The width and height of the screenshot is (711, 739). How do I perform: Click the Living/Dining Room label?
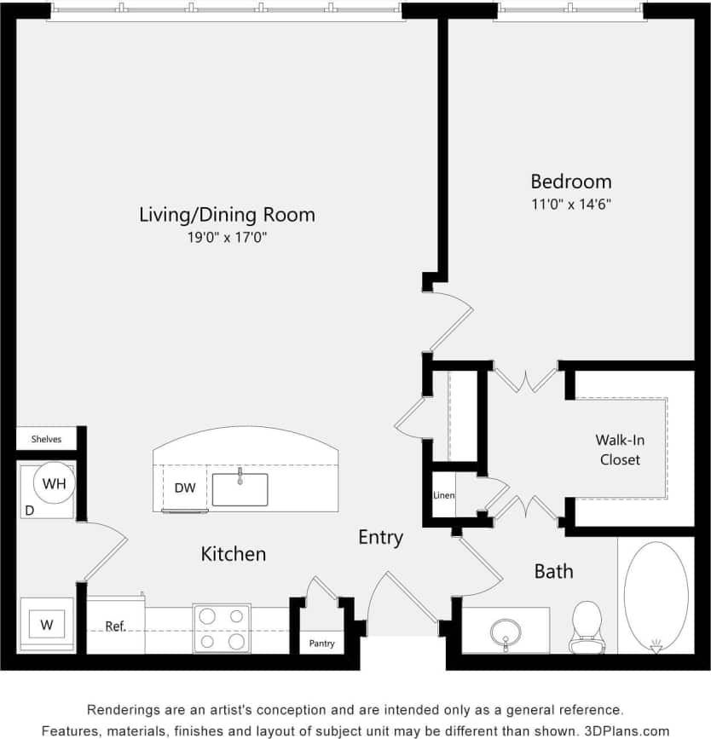click(227, 215)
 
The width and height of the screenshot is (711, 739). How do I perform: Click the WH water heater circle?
click(54, 484)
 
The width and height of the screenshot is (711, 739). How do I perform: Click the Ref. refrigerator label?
click(115, 626)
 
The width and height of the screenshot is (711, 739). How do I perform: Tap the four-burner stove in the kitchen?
click(222, 628)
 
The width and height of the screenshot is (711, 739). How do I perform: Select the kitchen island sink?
click(240, 488)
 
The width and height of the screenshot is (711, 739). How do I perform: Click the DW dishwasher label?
click(185, 488)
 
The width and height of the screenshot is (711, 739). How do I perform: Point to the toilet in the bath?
click(587, 626)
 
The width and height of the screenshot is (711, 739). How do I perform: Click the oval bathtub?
click(656, 597)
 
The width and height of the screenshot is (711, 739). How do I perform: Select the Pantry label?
click(321, 644)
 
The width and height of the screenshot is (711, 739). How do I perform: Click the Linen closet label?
click(443, 495)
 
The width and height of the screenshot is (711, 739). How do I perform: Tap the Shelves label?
click(46, 440)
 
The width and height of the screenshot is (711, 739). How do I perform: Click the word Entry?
click(380, 538)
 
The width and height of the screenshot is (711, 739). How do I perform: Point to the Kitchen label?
click(233, 554)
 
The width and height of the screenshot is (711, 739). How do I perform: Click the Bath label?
click(553, 571)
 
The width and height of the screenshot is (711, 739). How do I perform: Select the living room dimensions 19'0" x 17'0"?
click(228, 239)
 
